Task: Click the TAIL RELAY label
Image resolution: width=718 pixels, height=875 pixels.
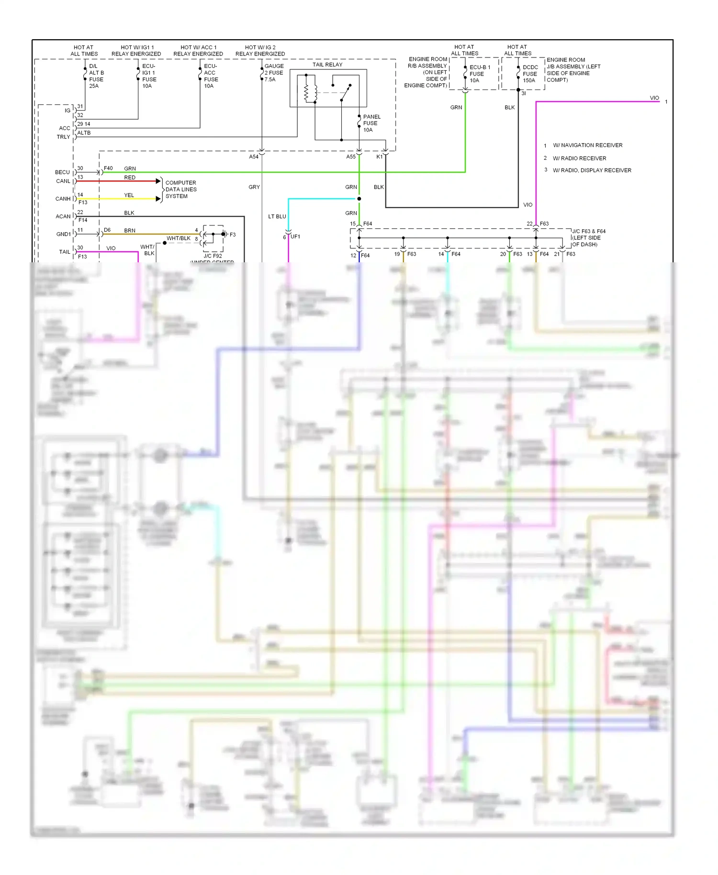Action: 327,65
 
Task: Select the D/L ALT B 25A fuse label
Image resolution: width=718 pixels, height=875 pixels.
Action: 96,76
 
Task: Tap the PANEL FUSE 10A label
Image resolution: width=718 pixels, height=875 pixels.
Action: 371,123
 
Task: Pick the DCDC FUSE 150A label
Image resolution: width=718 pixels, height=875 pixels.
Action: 529,74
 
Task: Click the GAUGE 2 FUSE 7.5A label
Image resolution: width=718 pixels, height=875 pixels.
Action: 274,73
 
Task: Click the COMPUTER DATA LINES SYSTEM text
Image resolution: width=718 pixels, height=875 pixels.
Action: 180,190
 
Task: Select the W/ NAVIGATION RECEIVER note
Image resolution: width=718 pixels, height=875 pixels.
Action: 587,146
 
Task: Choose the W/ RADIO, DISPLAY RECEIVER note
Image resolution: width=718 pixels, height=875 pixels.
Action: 592,170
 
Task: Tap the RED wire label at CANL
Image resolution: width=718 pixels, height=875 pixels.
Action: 130,178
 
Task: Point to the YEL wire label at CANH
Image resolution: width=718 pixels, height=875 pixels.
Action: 129,195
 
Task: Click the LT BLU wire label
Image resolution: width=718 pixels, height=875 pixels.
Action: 277,217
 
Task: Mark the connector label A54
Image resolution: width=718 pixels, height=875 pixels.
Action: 254,157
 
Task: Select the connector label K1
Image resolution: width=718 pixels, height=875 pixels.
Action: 379,157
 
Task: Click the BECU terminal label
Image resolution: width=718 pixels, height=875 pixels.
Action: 62,172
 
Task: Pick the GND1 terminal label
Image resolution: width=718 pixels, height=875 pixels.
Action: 63,235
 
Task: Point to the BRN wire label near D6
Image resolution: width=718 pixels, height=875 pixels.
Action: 130,231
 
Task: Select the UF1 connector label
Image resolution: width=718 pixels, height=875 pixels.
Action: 295,237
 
